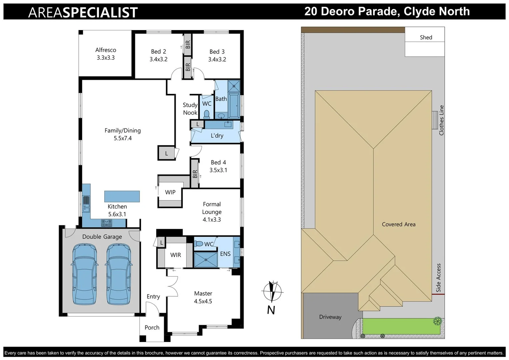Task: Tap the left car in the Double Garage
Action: pyautogui.click(x=85, y=274)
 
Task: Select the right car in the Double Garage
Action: pyautogui.click(x=119, y=274)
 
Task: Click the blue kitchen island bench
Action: pyautogui.click(x=122, y=196)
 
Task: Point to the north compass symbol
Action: pyautogui.click(x=272, y=291)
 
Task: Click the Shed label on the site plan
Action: pyautogui.click(x=426, y=37)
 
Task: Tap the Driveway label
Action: pyautogui.click(x=330, y=317)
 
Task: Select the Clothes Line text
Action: pyautogui.click(x=441, y=120)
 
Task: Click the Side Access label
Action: pyautogui.click(x=438, y=278)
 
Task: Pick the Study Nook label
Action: pyautogui.click(x=190, y=109)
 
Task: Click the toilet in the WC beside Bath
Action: pyautogui.click(x=207, y=114)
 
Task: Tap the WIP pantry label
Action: pyautogui.click(x=170, y=192)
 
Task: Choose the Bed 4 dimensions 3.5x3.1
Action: pyautogui.click(x=218, y=170)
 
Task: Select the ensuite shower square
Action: pyautogui.click(x=205, y=260)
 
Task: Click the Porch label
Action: pyautogui.click(x=152, y=328)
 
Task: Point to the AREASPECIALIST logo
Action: pyautogui.click(x=83, y=12)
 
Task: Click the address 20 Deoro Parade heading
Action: pyautogui.click(x=387, y=11)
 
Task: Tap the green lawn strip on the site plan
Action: pyautogui.click(x=400, y=326)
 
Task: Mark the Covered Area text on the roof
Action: pyautogui.click(x=399, y=224)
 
